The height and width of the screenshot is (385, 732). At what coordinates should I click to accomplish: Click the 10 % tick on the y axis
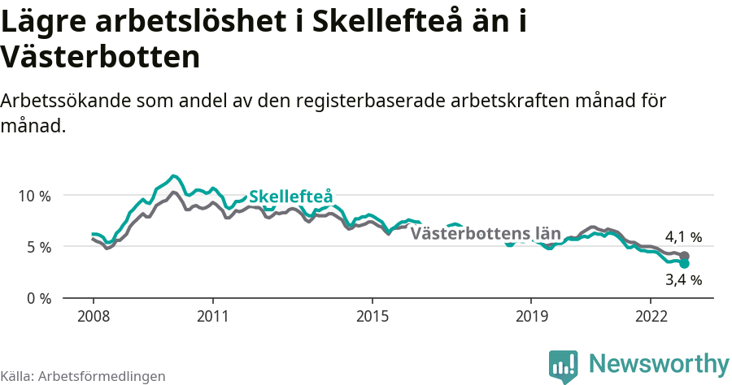[x=33, y=196]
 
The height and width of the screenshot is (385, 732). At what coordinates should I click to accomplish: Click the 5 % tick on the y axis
[x=33, y=247]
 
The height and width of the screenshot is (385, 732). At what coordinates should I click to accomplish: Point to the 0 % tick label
[x=33, y=298]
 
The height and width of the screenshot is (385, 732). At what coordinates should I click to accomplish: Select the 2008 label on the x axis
[x=93, y=315]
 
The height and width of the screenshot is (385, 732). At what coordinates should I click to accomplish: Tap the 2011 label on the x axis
[x=212, y=315]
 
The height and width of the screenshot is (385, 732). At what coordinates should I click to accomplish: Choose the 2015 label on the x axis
[x=372, y=315]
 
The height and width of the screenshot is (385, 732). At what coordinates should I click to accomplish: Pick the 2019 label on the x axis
[x=531, y=315]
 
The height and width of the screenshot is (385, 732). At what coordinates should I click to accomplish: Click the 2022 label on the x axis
[x=651, y=315]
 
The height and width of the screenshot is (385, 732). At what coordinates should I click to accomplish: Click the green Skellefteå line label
[x=290, y=197]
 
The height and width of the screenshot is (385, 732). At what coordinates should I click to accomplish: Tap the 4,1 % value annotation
[x=683, y=237]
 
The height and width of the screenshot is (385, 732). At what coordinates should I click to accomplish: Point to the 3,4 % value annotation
[x=683, y=280]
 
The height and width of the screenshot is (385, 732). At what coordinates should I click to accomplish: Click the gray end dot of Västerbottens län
[x=684, y=256]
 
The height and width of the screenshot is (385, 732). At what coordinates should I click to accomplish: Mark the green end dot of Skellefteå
[x=684, y=263]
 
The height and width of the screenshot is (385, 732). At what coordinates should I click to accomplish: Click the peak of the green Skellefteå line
[x=172, y=175]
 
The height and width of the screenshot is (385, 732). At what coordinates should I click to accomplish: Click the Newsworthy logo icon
[x=563, y=366]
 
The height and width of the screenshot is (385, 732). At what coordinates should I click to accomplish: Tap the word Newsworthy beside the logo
[x=659, y=363]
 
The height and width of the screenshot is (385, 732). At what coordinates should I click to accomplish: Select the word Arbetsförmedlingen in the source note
[x=102, y=376]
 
